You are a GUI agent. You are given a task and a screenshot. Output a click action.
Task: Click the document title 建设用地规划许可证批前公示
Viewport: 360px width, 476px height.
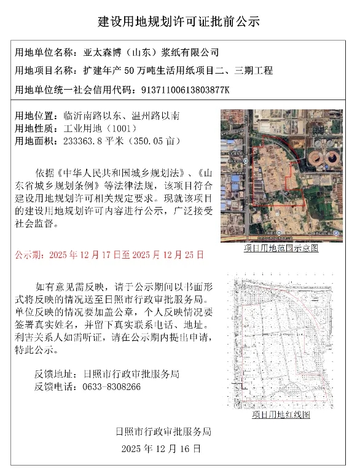(179, 21)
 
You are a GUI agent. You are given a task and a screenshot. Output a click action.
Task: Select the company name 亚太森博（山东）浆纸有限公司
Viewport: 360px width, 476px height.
(150, 53)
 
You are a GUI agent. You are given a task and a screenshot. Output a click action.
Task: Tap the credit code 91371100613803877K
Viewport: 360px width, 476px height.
(185, 90)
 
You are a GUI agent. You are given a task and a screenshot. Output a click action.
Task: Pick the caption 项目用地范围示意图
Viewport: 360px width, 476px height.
(281, 248)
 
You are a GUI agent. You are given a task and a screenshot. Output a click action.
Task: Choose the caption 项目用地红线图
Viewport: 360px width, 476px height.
(281, 415)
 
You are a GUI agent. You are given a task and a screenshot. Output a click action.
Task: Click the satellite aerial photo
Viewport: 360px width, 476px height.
(281, 177)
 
